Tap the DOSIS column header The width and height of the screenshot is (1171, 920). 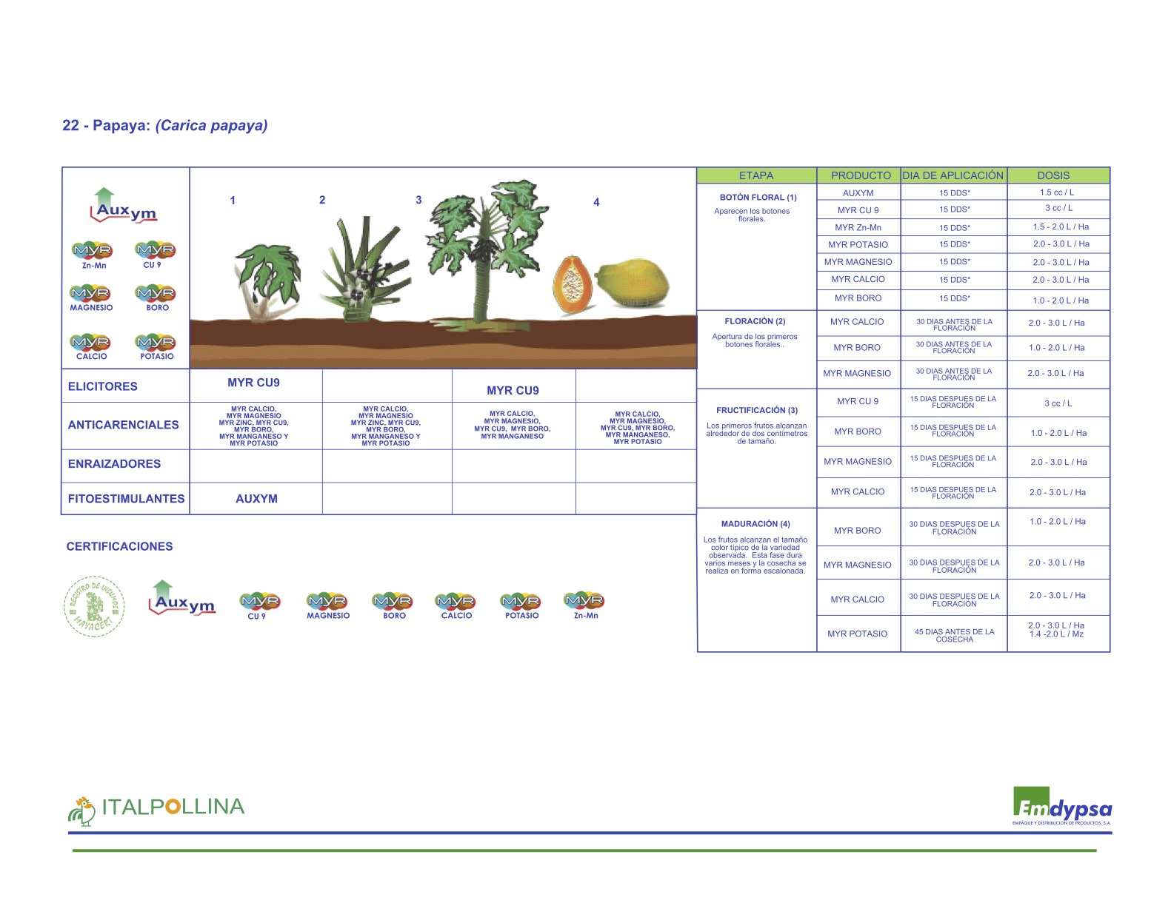coord(1052,175)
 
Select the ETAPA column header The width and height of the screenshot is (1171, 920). coord(755,175)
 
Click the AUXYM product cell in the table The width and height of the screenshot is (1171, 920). coord(858,193)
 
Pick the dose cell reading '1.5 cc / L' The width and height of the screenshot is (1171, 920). coord(1056,192)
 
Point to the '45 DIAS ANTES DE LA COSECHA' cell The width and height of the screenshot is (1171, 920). coord(954,635)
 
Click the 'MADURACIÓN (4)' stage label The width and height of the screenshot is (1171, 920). coord(755,524)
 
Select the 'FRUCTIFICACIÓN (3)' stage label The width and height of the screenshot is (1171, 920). coord(756,410)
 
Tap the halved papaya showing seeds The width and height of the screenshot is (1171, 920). coord(573,285)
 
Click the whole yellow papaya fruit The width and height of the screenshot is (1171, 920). coord(633,283)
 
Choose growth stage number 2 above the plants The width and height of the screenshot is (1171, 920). coord(322,200)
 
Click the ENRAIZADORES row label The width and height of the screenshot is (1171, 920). coord(114,464)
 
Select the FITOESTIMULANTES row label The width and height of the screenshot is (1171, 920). coord(126,499)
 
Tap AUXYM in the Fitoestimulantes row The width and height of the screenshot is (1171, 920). coord(256,499)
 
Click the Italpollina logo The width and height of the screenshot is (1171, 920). coord(156,809)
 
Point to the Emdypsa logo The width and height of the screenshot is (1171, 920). coord(1061,806)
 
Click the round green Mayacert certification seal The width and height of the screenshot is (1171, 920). coord(94,605)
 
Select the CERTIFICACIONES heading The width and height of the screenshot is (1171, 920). coord(119,546)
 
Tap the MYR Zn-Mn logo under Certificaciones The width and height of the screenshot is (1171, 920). coord(585,605)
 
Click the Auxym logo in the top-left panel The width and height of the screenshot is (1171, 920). coord(124,207)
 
